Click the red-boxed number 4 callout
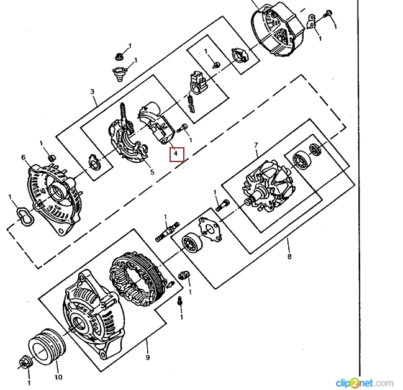click(177, 152)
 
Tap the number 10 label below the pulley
click(58, 376)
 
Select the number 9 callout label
click(147, 357)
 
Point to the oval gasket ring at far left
click(24, 217)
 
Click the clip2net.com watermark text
click(365, 381)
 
